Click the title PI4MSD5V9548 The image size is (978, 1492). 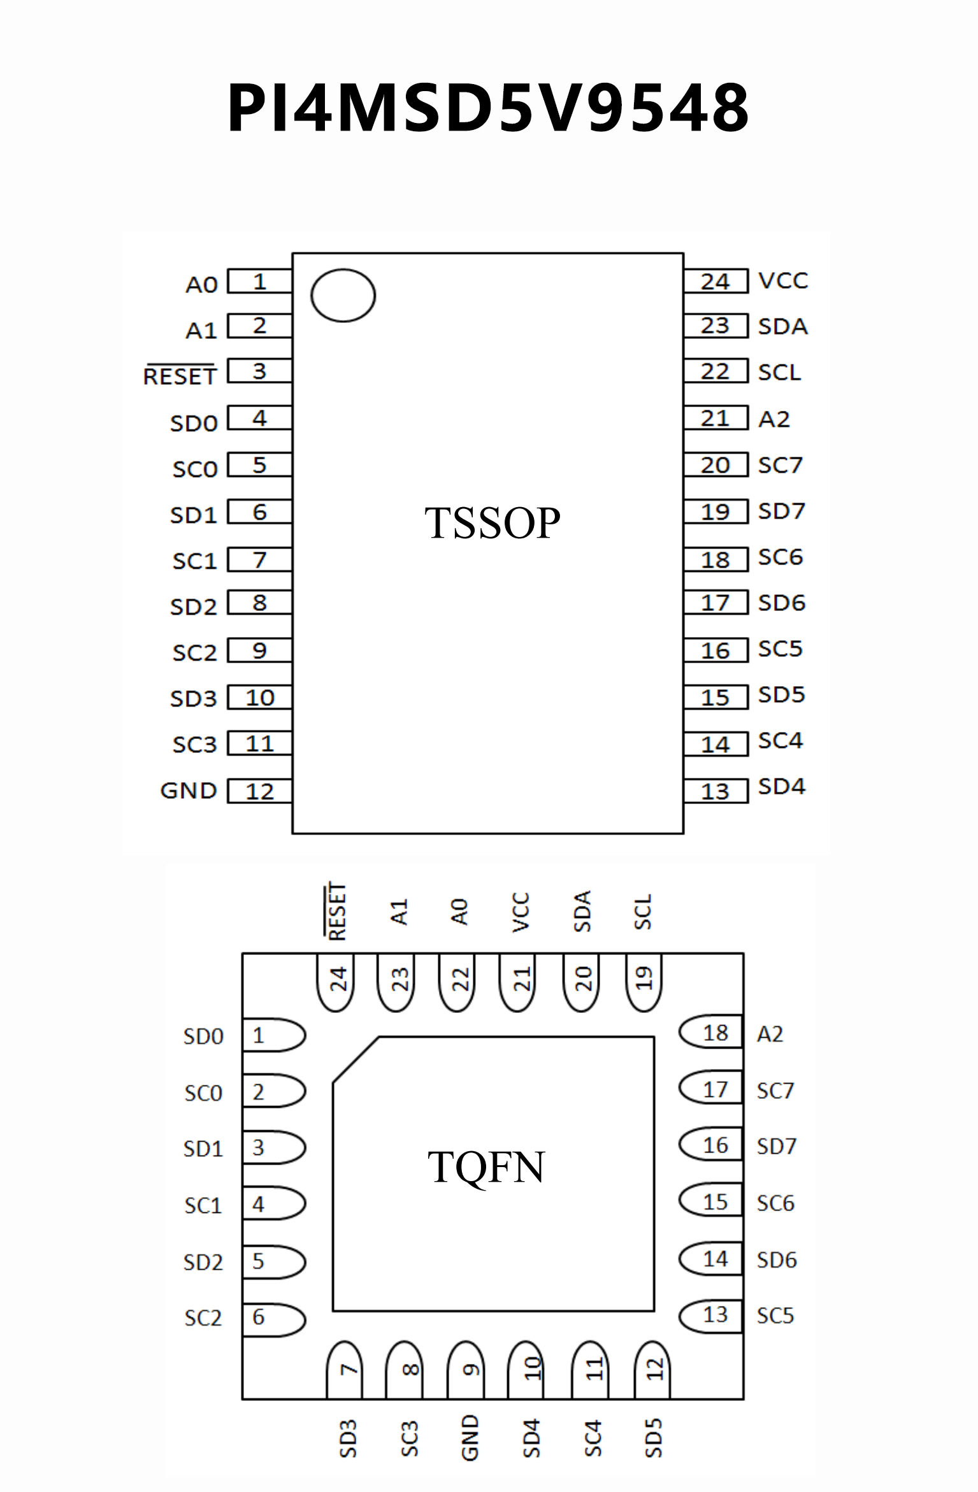point(488,108)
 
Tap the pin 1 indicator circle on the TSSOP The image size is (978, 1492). point(343,295)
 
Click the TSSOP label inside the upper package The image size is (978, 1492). point(492,523)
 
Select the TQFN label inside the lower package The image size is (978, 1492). point(486,1167)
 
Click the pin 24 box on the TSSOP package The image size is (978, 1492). point(716,282)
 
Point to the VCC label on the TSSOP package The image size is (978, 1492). point(783,280)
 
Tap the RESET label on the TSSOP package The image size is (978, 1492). point(180,376)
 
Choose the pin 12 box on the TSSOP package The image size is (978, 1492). point(260,791)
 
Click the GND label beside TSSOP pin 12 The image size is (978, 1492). point(189,791)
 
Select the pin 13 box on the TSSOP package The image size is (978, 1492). point(716,791)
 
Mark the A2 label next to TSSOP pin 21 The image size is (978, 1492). point(774,419)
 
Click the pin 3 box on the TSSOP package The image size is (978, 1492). point(260,371)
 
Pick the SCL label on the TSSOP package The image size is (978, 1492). point(779,372)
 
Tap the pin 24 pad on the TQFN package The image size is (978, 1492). point(336,981)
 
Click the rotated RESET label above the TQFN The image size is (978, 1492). point(336,912)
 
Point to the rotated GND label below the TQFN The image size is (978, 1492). point(470,1437)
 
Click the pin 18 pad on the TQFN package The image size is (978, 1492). point(712,1033)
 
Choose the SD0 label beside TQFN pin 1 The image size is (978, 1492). point(203,1037)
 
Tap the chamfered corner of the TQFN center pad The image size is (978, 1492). point(356,1059)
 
